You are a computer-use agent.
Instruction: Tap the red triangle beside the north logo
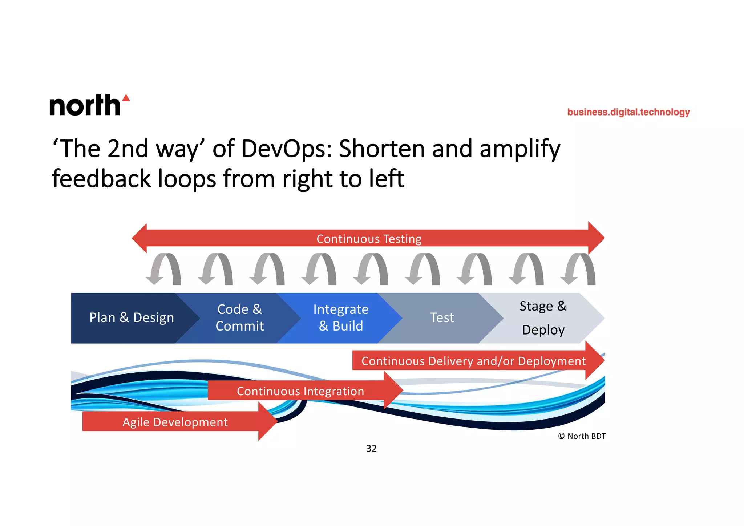coord(126,98)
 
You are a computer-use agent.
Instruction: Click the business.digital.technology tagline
coord(628,112)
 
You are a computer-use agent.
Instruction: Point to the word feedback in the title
coord(101,179)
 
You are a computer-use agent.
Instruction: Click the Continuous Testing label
coord(369,239)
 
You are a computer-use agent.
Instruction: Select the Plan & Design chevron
coord(132,318)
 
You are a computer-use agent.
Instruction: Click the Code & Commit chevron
coord(239,318)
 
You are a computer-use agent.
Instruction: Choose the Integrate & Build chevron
coord(341,318)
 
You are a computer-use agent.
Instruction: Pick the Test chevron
coord(442,318)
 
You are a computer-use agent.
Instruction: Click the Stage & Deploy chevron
coord(543,318)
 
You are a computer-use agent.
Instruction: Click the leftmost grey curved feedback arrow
coord(164,269)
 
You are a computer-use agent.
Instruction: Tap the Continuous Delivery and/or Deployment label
coord(473,361)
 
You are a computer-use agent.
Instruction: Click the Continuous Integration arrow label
coord(300,391)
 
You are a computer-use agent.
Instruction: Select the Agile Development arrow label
coord(175,422)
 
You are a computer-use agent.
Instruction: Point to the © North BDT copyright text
coord(582,436)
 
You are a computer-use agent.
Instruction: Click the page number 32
coord(371,449)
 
